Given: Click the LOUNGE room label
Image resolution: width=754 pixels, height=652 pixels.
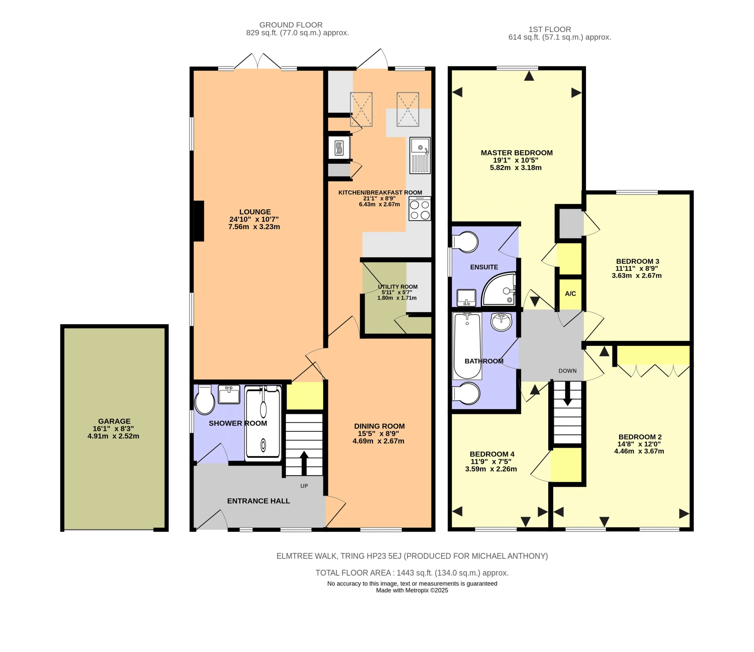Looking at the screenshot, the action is pos(255,212).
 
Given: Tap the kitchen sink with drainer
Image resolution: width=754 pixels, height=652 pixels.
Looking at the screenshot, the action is pos(420,155).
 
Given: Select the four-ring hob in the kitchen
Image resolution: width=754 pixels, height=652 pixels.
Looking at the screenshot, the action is pos(420,208).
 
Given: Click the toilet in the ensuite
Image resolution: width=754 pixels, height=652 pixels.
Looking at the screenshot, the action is pos(465,242).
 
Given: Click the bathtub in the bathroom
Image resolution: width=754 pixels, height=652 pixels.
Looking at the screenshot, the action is pos(467,346).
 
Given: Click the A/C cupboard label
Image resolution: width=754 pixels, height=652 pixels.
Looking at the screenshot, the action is pos(570,294).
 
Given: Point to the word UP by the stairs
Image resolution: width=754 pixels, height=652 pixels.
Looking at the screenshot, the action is pos(304,486).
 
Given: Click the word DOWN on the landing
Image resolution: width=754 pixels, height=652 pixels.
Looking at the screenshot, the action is pos(567,371).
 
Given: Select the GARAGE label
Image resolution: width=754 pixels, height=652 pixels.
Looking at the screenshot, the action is pos(114,421).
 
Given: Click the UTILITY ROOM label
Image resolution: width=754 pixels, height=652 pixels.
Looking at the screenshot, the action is pos(398,287).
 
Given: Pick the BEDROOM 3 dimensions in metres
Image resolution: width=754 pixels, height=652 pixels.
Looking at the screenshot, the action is pos(636,275).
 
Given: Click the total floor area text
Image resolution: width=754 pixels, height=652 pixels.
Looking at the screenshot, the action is pos(412,573).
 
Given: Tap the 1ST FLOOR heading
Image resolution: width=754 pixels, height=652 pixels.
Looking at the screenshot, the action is pos(550,29).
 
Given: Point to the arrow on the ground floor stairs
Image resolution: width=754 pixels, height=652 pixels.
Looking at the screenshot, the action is pos(304,463).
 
